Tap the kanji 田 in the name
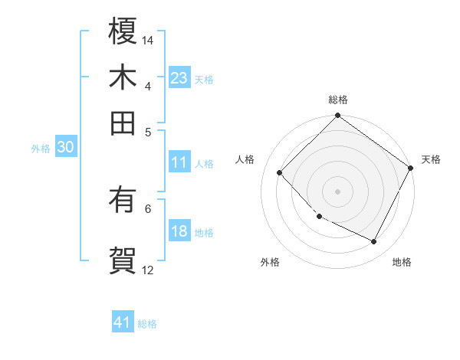(x=123, y=122)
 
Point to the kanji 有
(x=123, y=201)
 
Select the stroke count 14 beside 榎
(x=149, y=39)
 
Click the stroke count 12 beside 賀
(x=148, y=270)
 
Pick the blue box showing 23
(x=179, y=77)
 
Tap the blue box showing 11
(x=179, y=162)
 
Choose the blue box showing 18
(x=179, y=231)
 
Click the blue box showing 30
(x=65, y=148)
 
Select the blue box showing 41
(x=123, y=322)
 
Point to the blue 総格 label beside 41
(x=147, y=324)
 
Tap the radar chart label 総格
(x=338, y=100)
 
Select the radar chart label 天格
(x=431, y=159)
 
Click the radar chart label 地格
(x=402, y=262)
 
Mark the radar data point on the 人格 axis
(x=280, y=173)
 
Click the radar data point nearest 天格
(x=410, y=168)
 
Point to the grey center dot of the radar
(x=337, y=191)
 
